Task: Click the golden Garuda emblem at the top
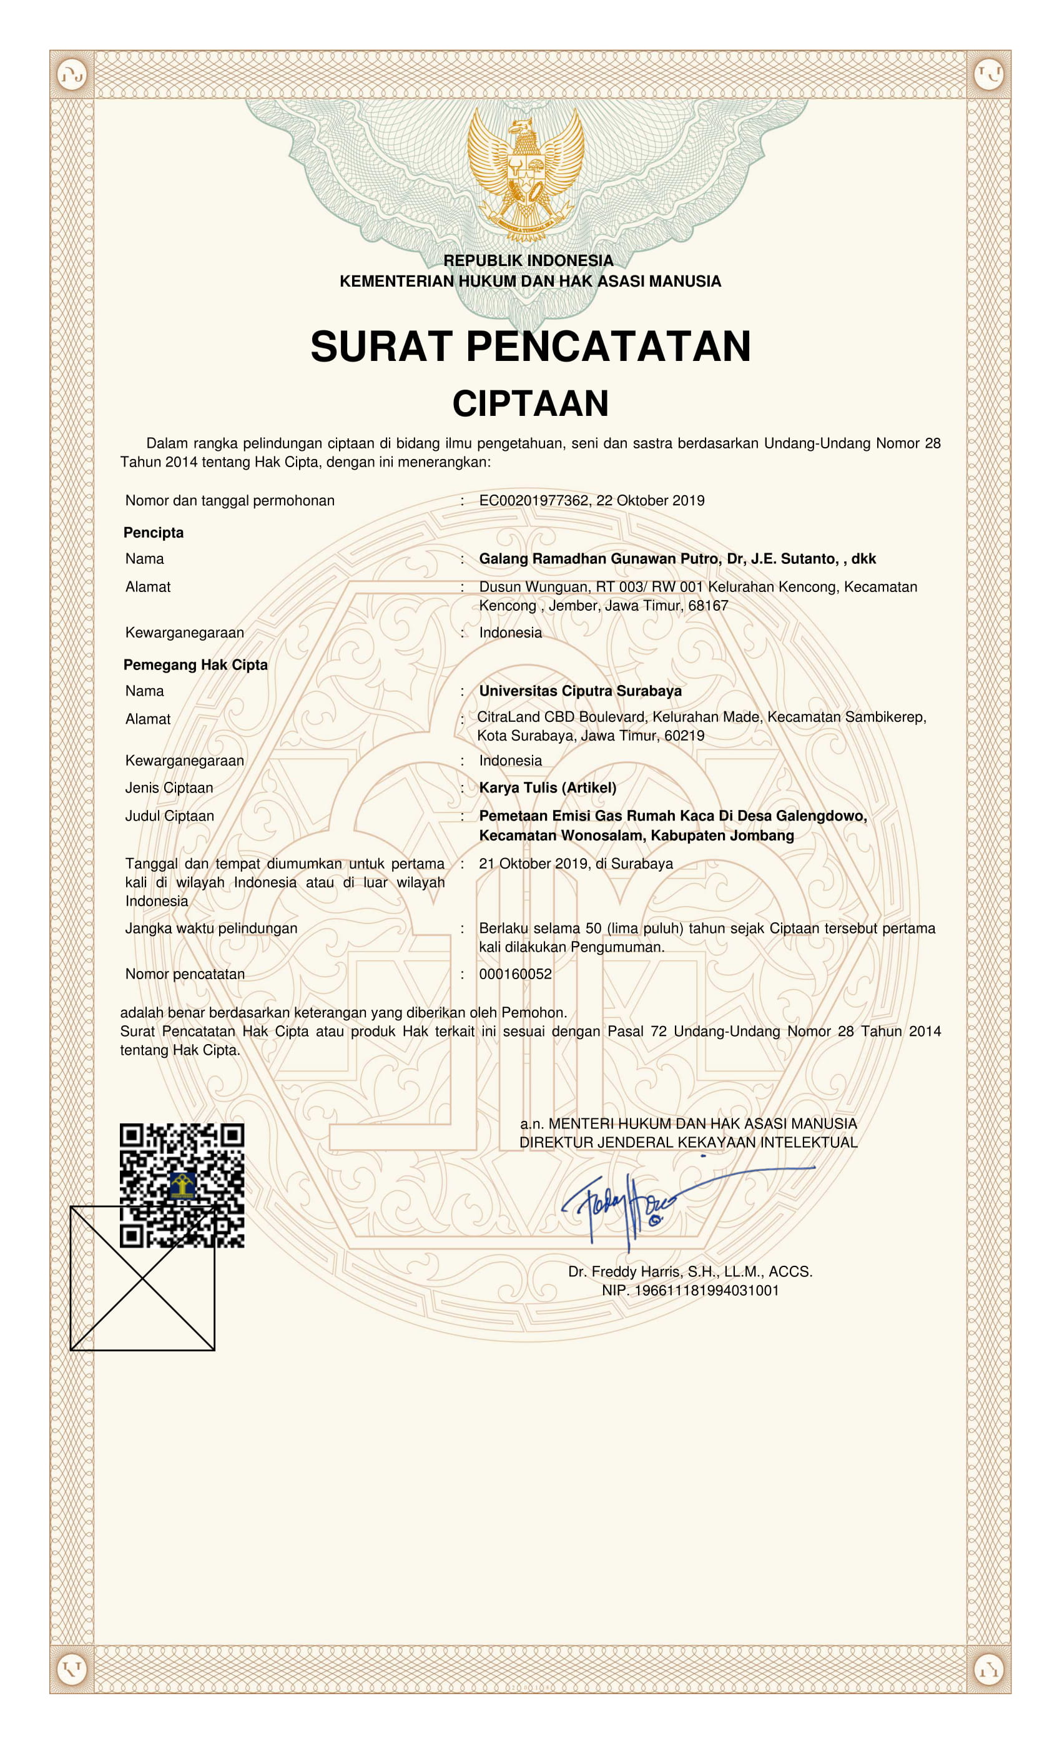click(526, 173)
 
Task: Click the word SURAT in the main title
click(381, 347)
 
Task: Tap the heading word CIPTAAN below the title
click(530, 403)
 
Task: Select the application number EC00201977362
click(533, 500)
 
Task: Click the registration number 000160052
click(515, 974)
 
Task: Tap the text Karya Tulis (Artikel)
click(548, 787)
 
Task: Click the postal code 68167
click(708, 605)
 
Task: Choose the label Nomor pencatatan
click(185, 974)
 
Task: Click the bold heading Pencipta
click(153, 532)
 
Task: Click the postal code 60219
click(684, 736)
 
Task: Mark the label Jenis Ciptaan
click(169, 787)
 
